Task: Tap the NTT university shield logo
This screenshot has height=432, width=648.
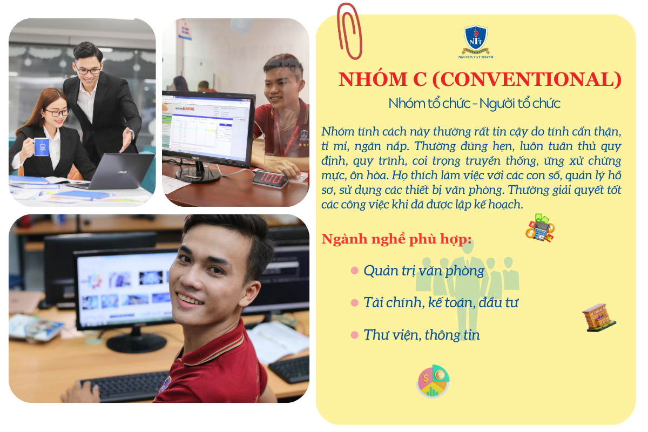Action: point(476,39)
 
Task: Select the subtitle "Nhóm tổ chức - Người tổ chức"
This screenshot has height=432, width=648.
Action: point(475,103)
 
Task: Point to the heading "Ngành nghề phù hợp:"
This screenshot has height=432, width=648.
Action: point(396,239)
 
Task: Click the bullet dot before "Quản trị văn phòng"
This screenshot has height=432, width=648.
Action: point(354,271)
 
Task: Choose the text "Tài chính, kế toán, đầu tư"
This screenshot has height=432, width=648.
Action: point(441,302)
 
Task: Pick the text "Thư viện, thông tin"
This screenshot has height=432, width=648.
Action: point(422,335)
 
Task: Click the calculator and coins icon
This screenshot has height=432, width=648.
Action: point(540,228)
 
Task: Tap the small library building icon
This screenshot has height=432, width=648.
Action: point(598,318)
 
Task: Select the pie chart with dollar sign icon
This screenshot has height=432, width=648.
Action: point(433,381)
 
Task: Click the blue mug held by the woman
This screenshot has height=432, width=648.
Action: point(40,147)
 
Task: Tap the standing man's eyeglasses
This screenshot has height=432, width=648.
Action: point(88,70)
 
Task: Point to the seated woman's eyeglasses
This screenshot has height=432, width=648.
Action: point(57,112)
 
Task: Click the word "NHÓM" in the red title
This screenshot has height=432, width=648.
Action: point(373,79)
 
